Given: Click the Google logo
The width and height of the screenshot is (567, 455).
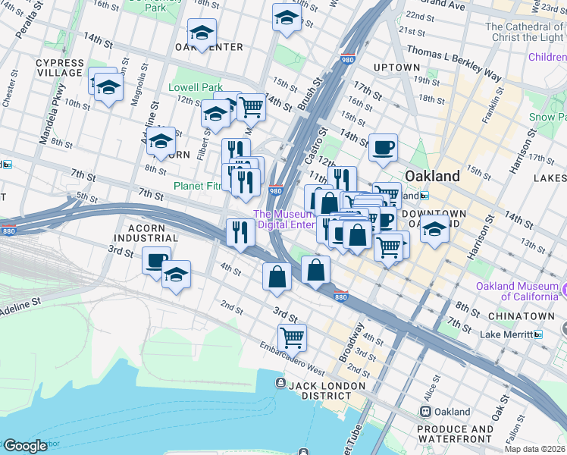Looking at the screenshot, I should pos(25,446).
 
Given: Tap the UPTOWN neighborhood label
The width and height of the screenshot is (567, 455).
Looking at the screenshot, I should pos(396,67).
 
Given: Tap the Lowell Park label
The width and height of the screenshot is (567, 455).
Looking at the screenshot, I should pos(196,87).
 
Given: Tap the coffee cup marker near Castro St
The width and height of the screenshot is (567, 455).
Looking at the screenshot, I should pos(383,146).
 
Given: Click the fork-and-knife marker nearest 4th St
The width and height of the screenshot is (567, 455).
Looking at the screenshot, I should pos(240,232).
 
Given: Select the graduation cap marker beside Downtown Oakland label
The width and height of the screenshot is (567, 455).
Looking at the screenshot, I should pos(434,228).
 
